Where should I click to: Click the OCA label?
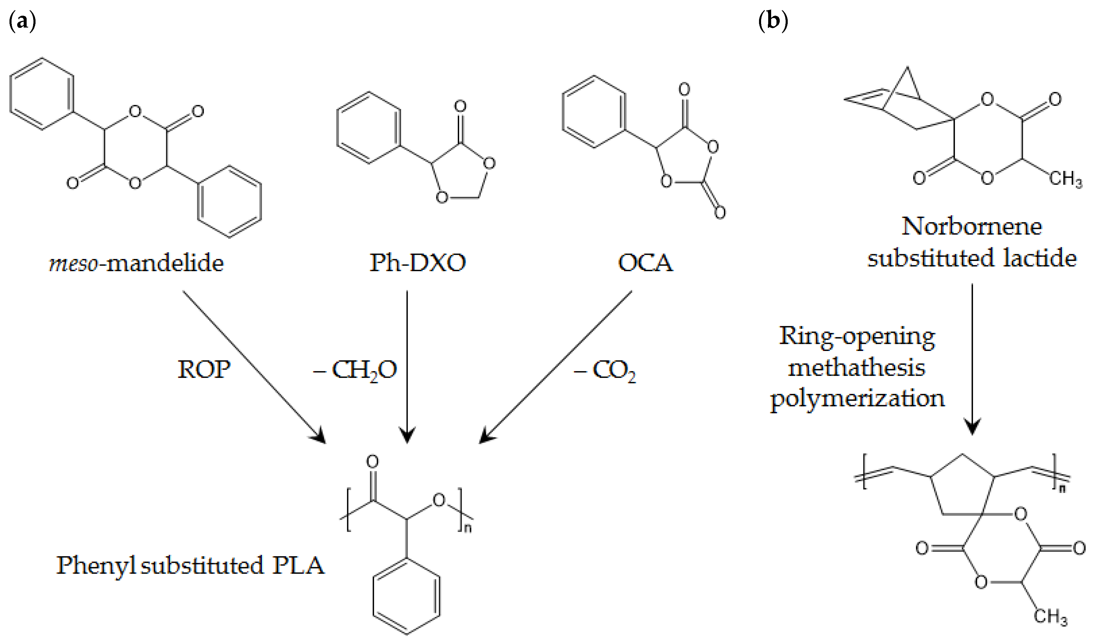pyautogui.click(x=645, y=263)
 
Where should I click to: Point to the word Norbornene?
pyautogui.click(x=972, y=227)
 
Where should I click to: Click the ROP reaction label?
pyautogui.click(x=204, y=370)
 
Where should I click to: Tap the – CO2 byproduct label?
pyautogui.click(x=605, y=371)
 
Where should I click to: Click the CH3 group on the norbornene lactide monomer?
pyautogui.click(x=1065, y=179)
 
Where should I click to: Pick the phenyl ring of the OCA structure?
pyautogui.click(x=594, y=112)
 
